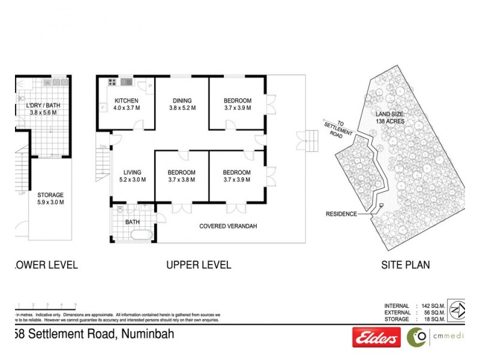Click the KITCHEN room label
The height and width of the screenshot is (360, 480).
coord(127,101)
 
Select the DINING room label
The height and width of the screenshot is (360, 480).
coord(182,101)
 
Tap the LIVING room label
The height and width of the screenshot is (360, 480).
coord(133,173)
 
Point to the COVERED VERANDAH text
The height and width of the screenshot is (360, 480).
coord(228,226)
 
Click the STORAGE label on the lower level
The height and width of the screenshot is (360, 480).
coord(50,195)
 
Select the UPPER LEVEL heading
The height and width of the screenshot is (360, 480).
coord(197,265)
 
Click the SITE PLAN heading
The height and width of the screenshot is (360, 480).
coord(406,265)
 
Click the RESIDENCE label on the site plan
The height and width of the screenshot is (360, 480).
coord(341,214)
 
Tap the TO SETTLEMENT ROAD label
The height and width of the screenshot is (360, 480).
coord(336,127)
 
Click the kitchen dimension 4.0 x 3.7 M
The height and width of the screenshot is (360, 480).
coord(127,108)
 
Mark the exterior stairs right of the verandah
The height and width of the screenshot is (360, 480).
coord(312,142)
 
